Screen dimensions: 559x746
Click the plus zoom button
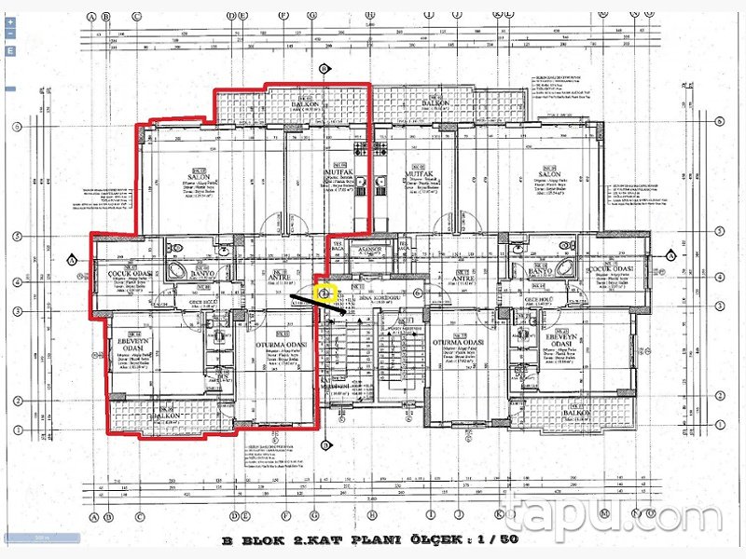9,19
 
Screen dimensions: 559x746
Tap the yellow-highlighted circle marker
325,292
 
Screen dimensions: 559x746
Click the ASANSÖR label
371,251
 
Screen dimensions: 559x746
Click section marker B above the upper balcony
324,68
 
